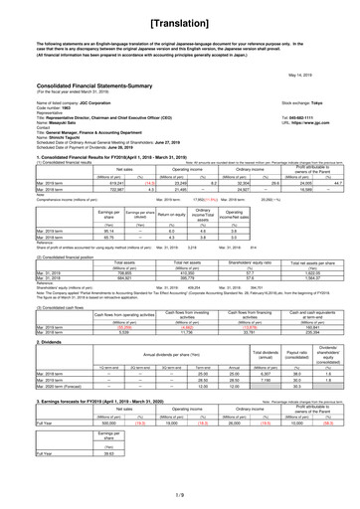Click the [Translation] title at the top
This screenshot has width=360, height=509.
[x=180, y=19]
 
